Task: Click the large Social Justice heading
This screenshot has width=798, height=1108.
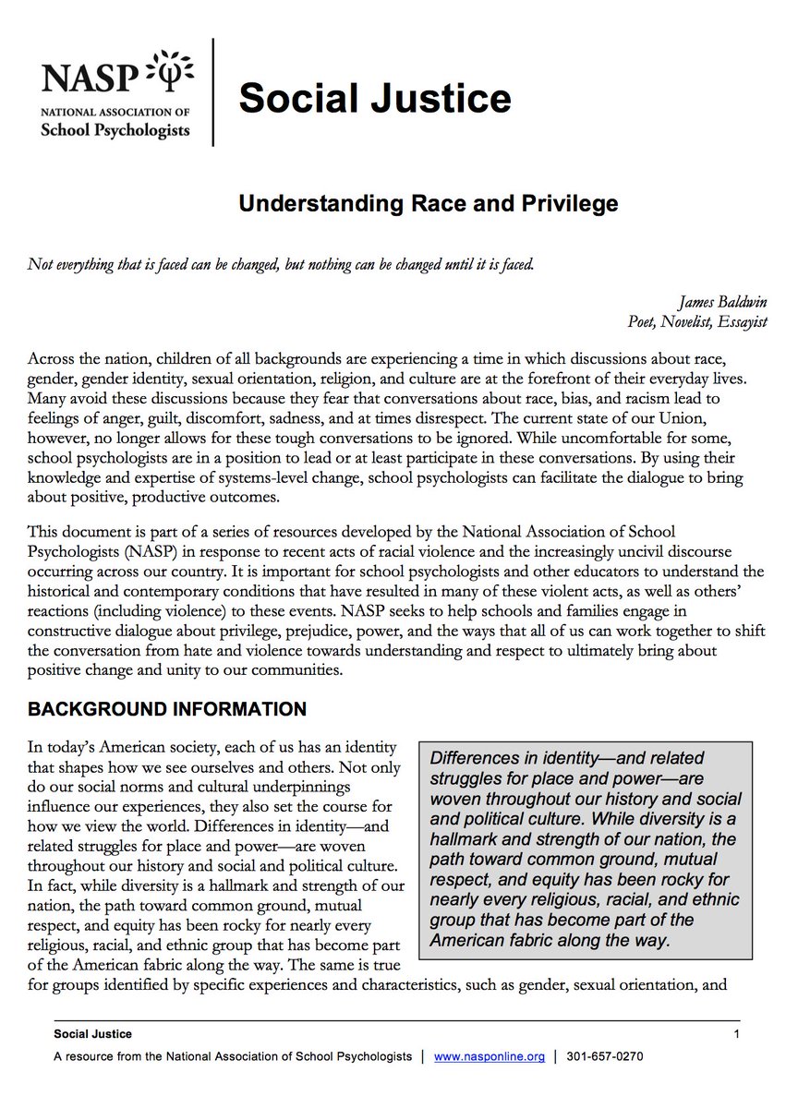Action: pyautogui.click(x=374, y=96)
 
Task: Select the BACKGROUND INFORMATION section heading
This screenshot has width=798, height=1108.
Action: pyautogui.click(x=166, y=710)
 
